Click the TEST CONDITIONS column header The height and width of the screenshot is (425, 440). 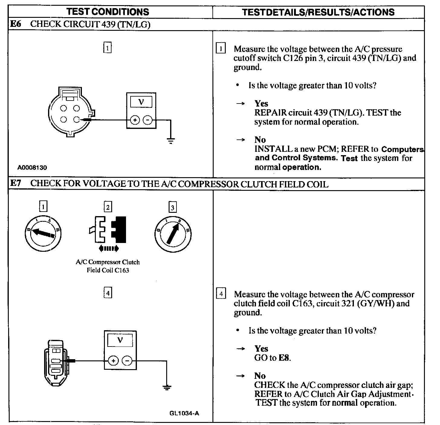point(108,12)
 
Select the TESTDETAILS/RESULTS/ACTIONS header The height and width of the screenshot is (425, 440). point(318,12)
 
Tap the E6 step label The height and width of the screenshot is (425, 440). point(15,24)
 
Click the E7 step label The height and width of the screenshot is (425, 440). point(15,184)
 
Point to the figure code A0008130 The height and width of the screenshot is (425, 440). point(32,168)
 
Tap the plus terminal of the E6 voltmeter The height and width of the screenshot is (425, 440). point(135,120)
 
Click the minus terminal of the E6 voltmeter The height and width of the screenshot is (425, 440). point(147,120)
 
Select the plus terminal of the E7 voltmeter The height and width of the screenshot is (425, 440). point(113,361)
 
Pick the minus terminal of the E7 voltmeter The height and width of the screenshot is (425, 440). point(127,361)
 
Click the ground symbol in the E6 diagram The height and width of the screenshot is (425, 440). point(171,140)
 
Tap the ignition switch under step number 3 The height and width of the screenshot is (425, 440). point(173,233)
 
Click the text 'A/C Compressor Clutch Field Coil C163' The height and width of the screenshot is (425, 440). point(108,266)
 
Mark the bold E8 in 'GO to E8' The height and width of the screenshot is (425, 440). point(284,358)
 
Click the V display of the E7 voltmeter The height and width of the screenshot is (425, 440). point(120,341)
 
